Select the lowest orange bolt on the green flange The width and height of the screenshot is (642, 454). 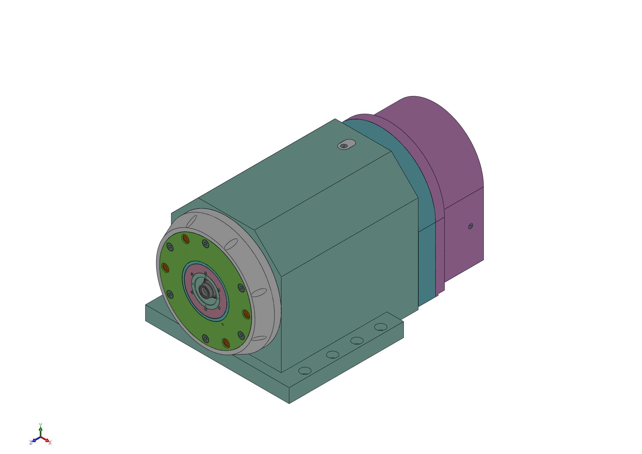tap(226, 343)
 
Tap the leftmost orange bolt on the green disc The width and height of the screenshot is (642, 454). tap(165, 268)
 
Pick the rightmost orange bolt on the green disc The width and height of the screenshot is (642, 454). tap(246, 314)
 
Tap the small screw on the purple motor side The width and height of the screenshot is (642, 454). tap(470, 226)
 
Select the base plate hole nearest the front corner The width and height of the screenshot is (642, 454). tap(305, 371)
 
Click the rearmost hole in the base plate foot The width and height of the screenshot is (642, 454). tap(381, 327)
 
